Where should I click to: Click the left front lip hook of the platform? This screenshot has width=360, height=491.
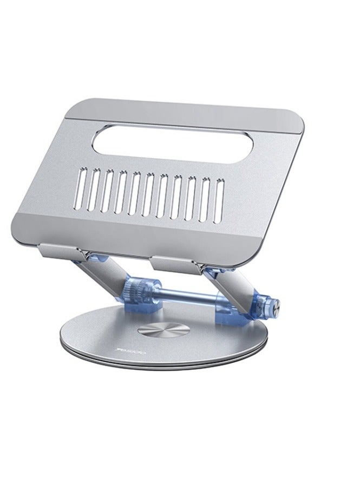pyautogui.click(x=61, y=250)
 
